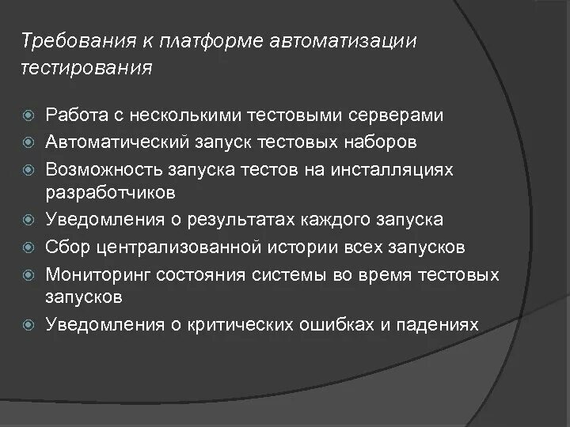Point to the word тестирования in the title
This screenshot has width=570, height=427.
coord(85,68)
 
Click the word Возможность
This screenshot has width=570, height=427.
coord(104,168)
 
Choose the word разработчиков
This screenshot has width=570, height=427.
coord(110,192)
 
